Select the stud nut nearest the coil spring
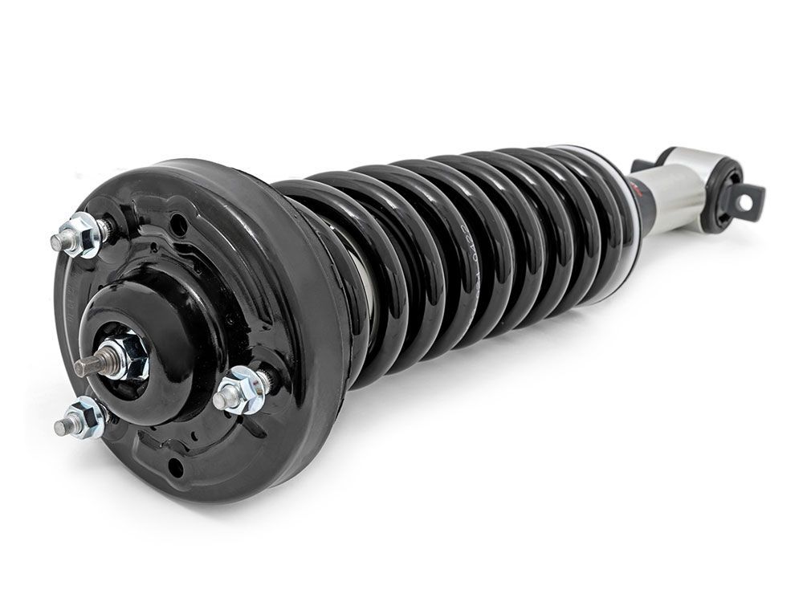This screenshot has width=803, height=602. tap(243, 392)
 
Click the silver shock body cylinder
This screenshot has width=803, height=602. tap(666, 205)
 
